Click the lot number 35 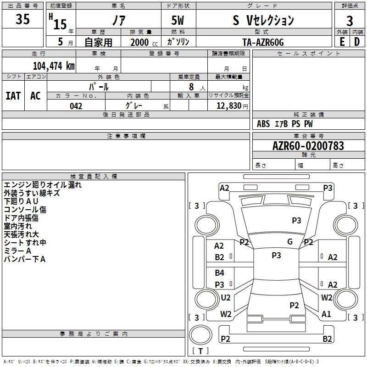pos(22,20)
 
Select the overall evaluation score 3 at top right pos(350,21)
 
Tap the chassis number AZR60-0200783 pos(308,146)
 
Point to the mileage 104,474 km pos(54,66)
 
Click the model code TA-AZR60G pos(263,42)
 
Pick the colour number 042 pos(76,106)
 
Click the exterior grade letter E pos(342,42)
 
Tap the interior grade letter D pos(357,42)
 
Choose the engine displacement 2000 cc pos(139,42)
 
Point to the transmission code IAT pos(13,96)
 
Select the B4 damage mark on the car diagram pos(220,273)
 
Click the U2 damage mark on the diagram pos(226,298)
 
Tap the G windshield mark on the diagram pos(290,242)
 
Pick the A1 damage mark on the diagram pos(327,314)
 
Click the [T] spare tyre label pos(200,351)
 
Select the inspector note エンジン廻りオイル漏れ pos(43,185)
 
